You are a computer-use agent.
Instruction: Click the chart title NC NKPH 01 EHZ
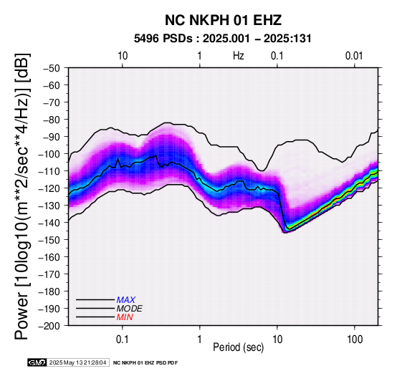click(223, 20)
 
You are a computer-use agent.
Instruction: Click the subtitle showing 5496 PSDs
click(223, 39)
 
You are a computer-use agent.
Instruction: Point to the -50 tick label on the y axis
click(52, 68)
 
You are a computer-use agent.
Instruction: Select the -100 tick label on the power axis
click(49, 154)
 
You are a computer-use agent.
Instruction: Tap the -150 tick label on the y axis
click(49, 240)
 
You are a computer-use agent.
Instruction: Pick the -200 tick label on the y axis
click(49, 326)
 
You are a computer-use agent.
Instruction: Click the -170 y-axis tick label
click(49, 274)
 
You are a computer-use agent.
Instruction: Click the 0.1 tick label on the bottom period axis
click(123, 339)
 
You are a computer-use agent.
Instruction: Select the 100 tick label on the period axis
click(355, 339)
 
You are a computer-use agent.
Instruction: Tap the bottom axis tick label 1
click(200, 339)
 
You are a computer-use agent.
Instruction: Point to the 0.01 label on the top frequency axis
click(354, 56)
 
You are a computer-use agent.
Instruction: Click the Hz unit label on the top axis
click(239, 56)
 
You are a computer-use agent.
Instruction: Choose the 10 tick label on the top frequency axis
click(123, 56)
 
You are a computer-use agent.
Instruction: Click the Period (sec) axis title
click(239, 347)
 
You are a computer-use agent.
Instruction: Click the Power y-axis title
click(21, 196)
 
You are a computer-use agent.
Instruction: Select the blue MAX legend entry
click(126, 300)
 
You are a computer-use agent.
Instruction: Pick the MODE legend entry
click(130, 309)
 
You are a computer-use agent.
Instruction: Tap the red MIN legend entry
click(125, 317)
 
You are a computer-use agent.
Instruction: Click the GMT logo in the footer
click(37, 362)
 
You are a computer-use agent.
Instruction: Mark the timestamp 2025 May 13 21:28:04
click(77, 363)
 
